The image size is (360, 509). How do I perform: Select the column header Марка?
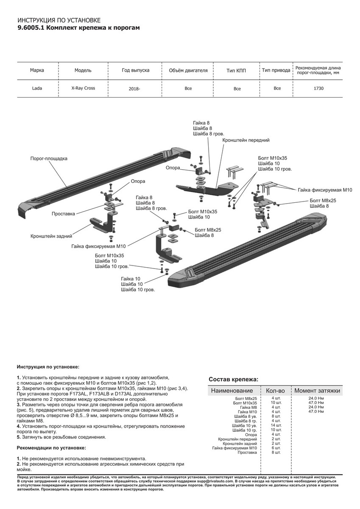37,70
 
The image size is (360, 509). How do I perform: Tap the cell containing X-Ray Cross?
83,88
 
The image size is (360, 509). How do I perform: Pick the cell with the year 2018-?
134,89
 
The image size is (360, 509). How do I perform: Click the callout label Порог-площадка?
49,159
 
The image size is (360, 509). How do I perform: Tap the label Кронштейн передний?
246,140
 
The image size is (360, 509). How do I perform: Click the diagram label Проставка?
63,214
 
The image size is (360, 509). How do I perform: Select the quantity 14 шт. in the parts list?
276,425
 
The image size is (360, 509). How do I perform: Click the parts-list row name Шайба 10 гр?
244,430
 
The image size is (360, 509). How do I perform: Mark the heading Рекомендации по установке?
51,448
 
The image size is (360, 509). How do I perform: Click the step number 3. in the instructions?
19,405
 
